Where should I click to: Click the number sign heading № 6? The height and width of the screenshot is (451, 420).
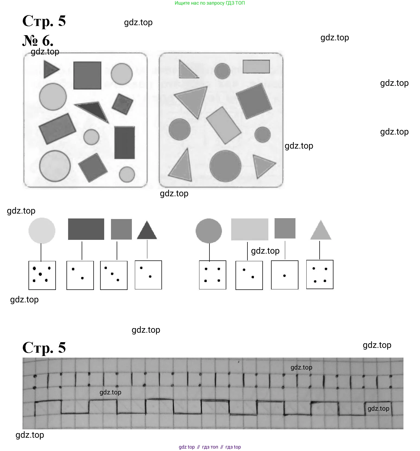click(x=38, y=41)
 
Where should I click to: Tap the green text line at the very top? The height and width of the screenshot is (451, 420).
click(x=209, y=3)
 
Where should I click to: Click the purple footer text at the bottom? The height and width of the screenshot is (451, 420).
click(x=209, y=447)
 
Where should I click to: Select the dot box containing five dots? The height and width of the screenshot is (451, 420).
click(x=42, y=275)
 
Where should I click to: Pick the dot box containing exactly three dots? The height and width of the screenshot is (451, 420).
click(x=114, y=275)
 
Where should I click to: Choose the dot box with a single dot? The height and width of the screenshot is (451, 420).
click(x=285, y=275)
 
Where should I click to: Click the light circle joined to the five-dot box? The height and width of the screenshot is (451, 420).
click(x=42, y=231)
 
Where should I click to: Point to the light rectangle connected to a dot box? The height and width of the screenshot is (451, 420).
click(x=249, y=229)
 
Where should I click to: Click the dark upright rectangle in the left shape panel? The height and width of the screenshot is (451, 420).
click(x=125, y=142)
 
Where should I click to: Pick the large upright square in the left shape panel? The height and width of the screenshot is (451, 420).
click(x=87, y=75)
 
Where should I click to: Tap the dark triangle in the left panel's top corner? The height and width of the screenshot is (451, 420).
click(x=50, y=69)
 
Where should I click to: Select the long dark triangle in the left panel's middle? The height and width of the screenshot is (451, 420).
click(x=94, y=110)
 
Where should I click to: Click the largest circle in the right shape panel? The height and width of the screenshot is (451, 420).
click(x=225, y=166)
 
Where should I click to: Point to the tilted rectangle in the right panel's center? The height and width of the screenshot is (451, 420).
click(x=224, y=125)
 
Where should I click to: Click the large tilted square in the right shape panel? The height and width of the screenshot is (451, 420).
click(x=254, y=101)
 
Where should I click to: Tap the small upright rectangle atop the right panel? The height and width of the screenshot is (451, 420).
click(x=256, y=67)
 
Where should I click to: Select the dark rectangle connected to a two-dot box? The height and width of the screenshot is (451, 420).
click(x=86, y=229)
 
